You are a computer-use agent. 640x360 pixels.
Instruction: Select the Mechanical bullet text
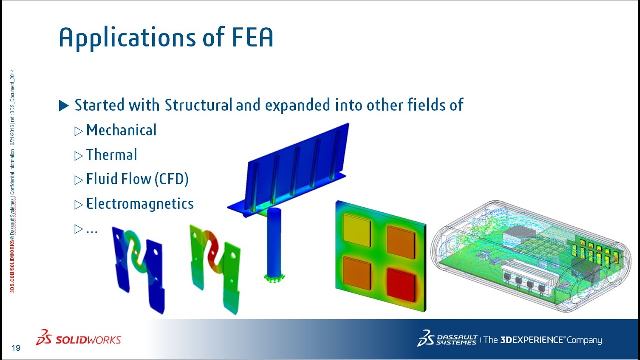(121, 130)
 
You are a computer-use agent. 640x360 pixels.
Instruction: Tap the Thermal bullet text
(111, 155)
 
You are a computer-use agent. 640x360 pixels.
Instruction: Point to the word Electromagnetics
(140, 204)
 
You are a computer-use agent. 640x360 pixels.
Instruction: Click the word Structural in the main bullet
(198, 105)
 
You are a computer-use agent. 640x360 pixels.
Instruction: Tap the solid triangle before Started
(64, 106)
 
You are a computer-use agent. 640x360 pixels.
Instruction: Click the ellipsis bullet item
(92, 229)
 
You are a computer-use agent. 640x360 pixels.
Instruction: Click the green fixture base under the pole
(274, 277)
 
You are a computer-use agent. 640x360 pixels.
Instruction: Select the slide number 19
(16, 348)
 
